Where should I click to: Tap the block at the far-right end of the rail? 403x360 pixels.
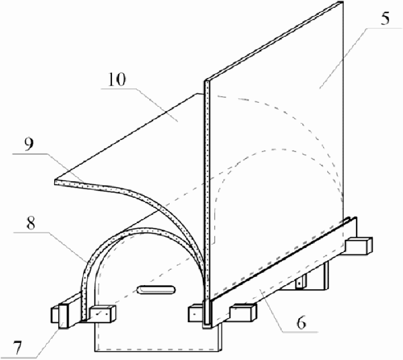(x=360, y=244)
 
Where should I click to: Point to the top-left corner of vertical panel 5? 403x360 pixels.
(x=206, y=81)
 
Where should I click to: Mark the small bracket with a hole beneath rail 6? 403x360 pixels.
(x=301, y=281)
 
